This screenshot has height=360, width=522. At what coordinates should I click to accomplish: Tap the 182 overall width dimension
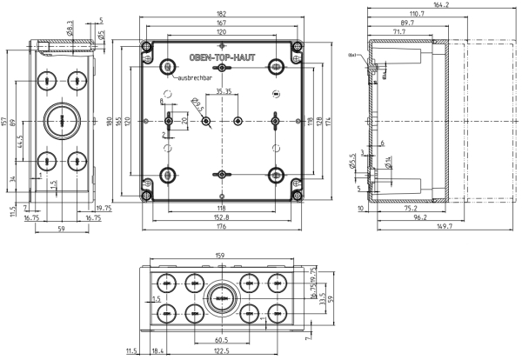(x=221, y=13)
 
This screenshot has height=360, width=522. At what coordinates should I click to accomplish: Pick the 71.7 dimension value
(x=399, y=31)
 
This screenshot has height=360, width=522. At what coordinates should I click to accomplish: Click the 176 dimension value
(x=221, y=228)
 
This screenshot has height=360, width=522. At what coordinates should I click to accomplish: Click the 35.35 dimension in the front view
(x=223, y=90)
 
